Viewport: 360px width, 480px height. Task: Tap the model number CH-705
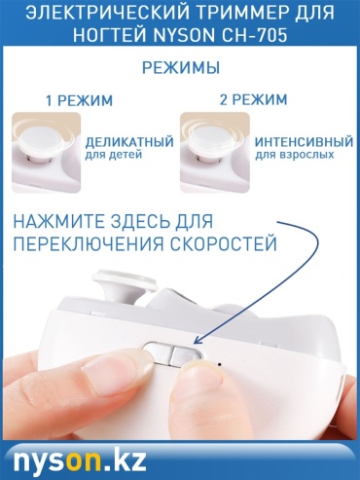254,35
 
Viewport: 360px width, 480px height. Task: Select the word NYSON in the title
184,35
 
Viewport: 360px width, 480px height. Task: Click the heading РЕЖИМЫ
181,68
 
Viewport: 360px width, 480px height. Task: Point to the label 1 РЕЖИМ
80,100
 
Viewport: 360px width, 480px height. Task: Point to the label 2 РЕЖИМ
253,99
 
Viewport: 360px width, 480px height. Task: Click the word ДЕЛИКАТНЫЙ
129,142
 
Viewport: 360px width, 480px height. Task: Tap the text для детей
114,155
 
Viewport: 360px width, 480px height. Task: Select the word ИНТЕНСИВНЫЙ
304,142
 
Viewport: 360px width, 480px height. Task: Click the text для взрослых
295,155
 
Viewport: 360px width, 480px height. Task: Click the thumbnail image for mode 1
46,153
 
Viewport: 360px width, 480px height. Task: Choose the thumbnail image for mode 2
215,153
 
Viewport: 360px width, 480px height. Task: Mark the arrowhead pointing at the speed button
198,339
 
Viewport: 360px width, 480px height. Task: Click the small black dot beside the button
220,364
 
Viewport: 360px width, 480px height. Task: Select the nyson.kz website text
80,460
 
